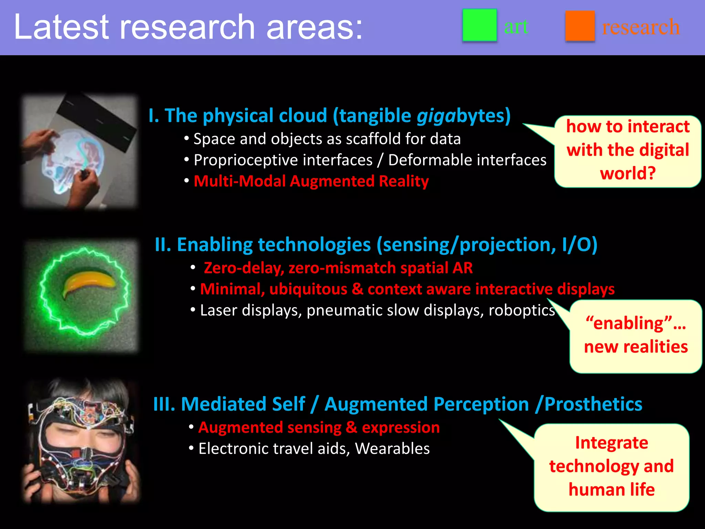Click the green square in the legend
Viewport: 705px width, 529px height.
click(x=479, y=25)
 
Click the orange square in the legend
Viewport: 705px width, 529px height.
click(x=580, y=26)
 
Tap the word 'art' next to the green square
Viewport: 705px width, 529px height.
click(x=516, y=27)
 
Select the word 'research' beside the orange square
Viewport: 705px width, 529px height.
click(x=640, y=27)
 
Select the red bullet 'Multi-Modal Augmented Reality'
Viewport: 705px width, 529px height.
click(x=311, y=181)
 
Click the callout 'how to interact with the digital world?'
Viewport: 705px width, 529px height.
click(x=628, y=151)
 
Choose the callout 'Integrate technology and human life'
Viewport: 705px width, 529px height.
click(x=611, y=466)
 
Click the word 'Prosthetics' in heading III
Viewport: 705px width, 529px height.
click(x=593, y=404)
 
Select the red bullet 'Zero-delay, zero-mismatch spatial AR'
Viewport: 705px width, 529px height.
click(x=338, y=268)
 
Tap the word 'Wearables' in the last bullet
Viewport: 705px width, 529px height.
click(x=392, y=449)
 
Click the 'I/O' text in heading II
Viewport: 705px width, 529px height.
click(x=579, y=245)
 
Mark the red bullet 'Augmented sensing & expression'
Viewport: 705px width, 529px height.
click(x=319, y=427)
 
